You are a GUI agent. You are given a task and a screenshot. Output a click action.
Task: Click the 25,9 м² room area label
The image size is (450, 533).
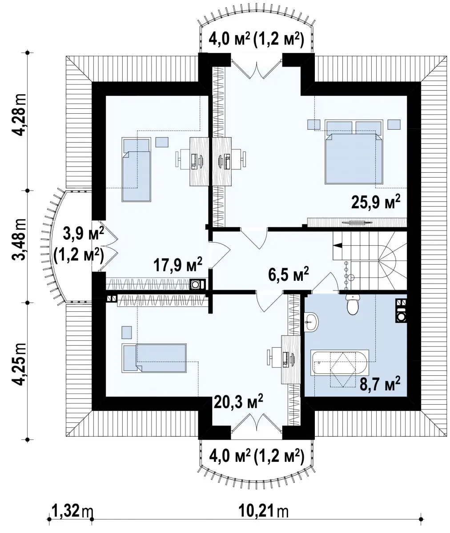click(x=376, y=202)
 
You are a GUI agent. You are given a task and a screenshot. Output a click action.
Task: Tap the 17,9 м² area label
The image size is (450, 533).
click(x=178, y=264)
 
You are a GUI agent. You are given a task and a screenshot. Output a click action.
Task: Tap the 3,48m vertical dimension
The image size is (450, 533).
click(x=19, y=239)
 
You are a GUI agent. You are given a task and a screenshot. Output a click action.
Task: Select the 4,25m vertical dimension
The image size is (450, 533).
click(x=19, y=365)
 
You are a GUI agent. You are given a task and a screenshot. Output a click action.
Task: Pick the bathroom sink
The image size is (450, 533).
click(x=311, y=322)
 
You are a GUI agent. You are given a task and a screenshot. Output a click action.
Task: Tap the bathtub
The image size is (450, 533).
click(x=340, y=362)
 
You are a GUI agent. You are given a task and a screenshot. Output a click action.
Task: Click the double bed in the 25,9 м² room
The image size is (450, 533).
click(x=354, y=152)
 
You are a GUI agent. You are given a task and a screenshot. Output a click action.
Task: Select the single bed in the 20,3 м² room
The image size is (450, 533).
click(x=154, y=358)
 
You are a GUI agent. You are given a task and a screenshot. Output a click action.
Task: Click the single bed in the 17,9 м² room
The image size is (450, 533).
click(x=137, y=170)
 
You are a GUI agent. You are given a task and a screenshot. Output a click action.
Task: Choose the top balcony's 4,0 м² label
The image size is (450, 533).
click(x=229, y=40)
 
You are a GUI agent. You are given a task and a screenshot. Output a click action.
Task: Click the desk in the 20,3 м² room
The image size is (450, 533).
click(x=291, y=360)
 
